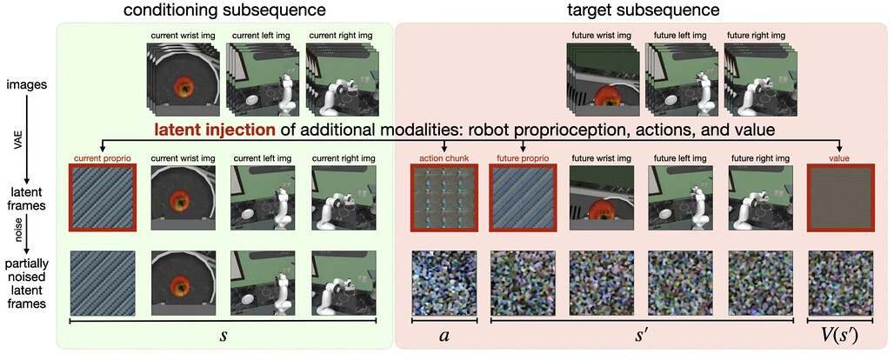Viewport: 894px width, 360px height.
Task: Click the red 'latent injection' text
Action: [215, 130]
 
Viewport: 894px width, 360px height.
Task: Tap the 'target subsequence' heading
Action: [644, 10]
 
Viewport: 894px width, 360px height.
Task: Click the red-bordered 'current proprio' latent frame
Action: [102, 197]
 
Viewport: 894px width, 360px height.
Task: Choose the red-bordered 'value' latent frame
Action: [840, 197]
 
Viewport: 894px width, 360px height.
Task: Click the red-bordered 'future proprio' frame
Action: [524, 197]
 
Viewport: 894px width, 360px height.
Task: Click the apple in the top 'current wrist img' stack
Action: [183, 87]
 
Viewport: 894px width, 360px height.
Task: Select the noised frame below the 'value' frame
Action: [840, 283]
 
